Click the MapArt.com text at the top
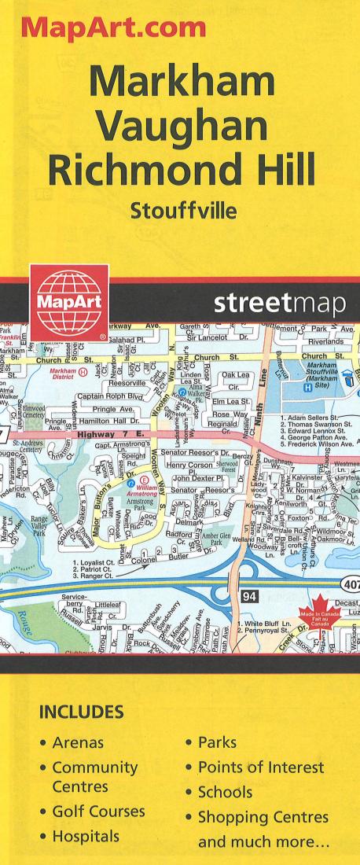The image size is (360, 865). [x=115, y=28]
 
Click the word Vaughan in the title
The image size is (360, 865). [x=179, y=123]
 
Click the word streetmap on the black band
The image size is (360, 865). [x=279, y=304]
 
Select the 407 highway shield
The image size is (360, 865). [x=350, y=583]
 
